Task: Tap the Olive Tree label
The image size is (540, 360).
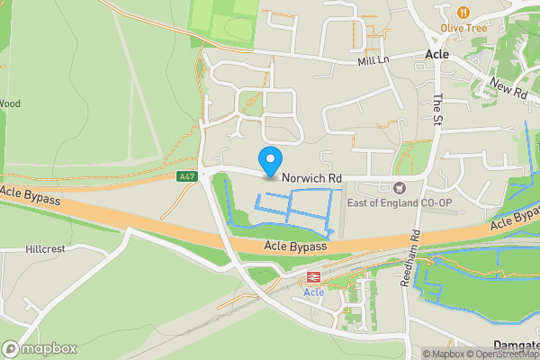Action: (463, 28)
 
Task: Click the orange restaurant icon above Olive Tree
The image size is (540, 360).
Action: (463, 12)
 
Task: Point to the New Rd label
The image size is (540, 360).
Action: (508, 87)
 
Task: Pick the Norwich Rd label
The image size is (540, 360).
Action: (311, 179)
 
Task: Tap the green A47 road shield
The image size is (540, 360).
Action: (187, 177)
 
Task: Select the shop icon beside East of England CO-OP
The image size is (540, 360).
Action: (399, 187)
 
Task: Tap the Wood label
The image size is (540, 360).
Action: (9, 103)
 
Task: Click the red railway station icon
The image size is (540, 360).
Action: (314, 277)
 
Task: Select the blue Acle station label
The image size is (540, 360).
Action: (314, 292)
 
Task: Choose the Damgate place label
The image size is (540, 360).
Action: (517, 345)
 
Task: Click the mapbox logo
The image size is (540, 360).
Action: (40, 348)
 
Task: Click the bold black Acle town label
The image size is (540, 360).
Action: (436, 55)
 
